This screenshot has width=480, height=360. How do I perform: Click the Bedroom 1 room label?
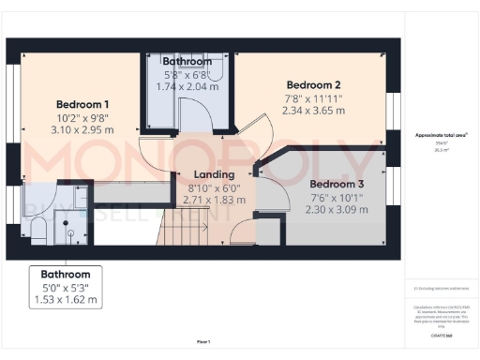82,103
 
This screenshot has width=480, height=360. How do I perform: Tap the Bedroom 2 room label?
314,83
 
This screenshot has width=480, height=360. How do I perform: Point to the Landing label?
214,174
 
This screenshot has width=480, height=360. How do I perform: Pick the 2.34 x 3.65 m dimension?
314,110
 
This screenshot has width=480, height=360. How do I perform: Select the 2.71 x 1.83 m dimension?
214,200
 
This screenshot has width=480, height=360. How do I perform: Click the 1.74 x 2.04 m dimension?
187,86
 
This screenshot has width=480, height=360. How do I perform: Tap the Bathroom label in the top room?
187,62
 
